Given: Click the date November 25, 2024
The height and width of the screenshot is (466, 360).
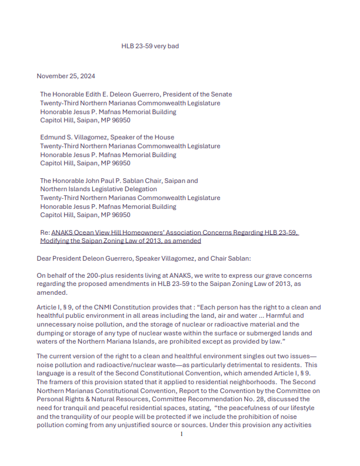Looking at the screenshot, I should tap(66, 76).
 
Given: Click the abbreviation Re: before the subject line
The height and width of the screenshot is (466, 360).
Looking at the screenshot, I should tap(45, 232).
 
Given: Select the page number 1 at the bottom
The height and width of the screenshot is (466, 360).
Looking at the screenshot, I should tap(182, 451).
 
